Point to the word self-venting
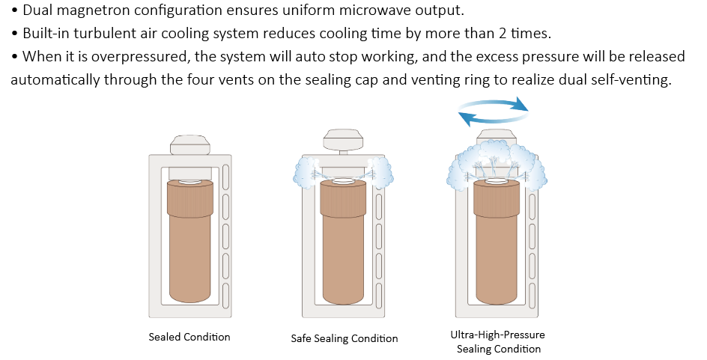coord(635,80)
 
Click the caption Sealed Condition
coord(189,337)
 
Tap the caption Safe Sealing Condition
coord(345,339)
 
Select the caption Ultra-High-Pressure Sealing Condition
coord(498,341)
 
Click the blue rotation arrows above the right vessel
coord(493,112)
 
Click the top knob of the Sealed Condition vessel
coord(189,144)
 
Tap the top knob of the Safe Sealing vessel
coord(344,140)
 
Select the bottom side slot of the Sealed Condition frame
coord(226,295)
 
